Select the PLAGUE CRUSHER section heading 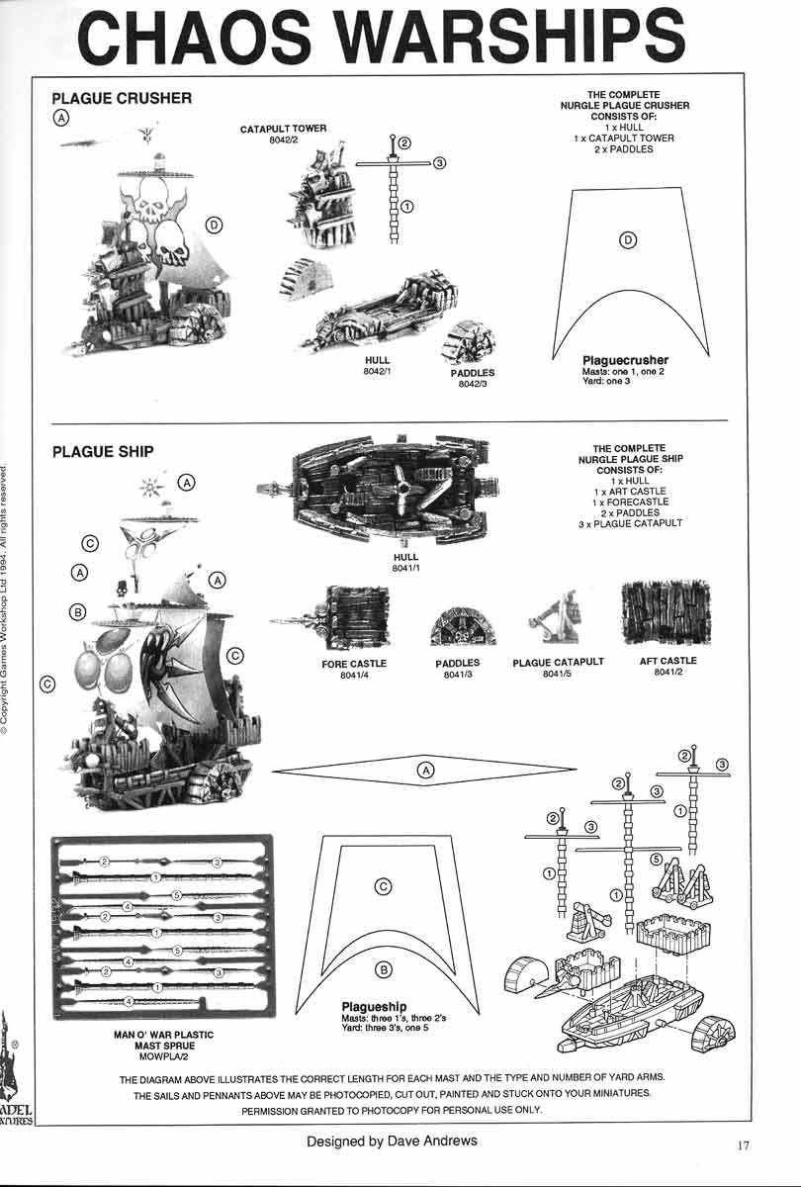tap(121, 98)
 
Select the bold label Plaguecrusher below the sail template tap(625, 360)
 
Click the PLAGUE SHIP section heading tap(102, 451)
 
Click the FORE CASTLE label tap(353, 664)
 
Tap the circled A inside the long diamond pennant tap(425, 770)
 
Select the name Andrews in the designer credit tap(440, 1141)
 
